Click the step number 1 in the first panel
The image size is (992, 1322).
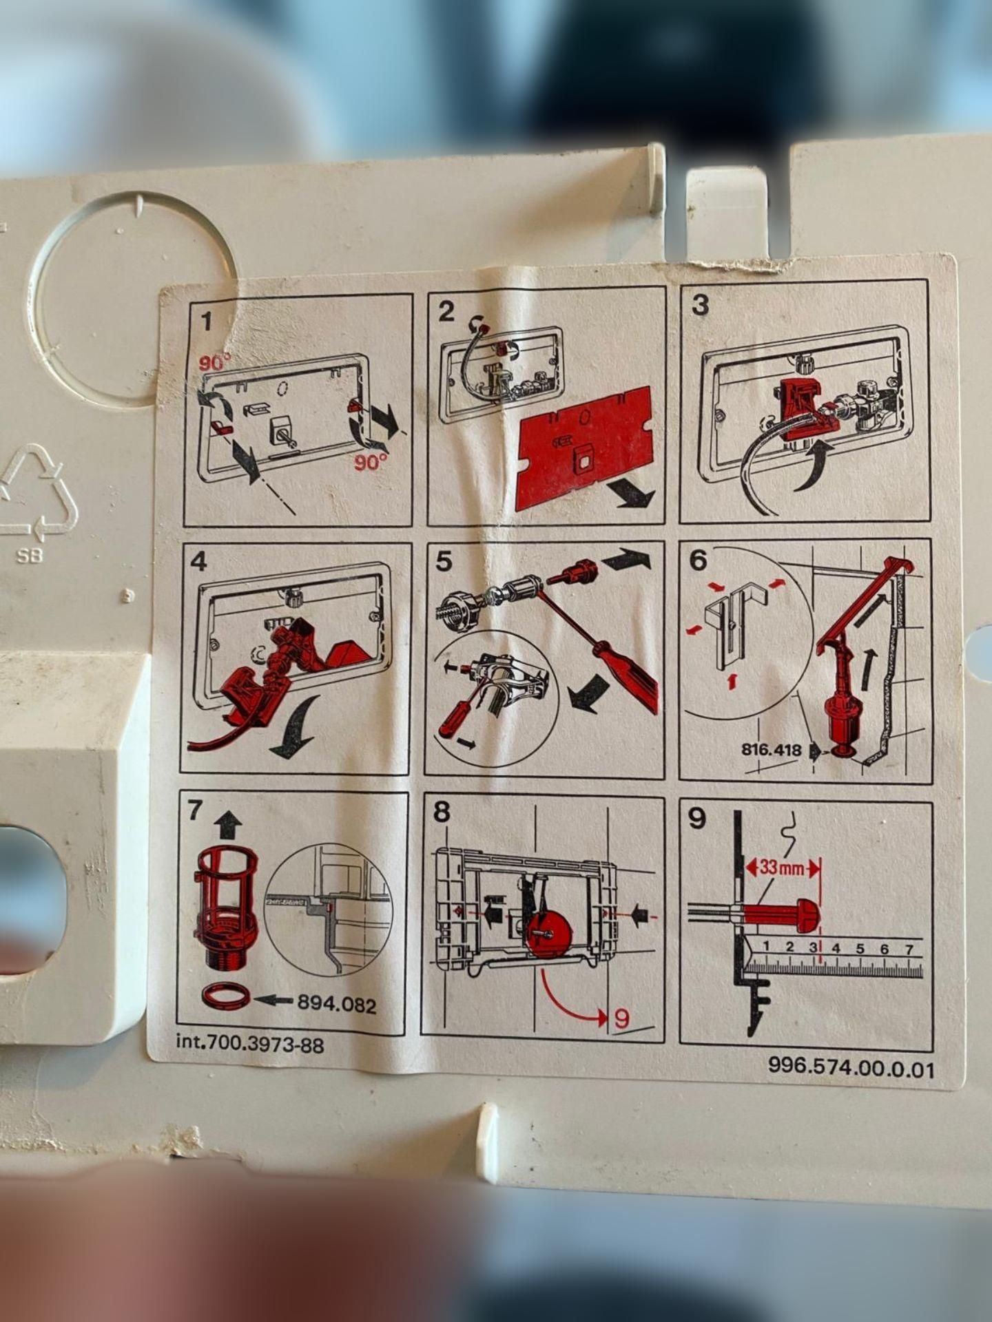point(205,322)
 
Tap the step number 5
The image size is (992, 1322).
point(444,562)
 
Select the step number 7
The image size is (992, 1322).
point(195,811)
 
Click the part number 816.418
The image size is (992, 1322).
point(772,750)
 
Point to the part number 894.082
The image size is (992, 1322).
point(337,1005)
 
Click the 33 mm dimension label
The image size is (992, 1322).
point(781,868)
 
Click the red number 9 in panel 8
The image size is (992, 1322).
point(622,1018)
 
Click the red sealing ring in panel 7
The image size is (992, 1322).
point(225,996)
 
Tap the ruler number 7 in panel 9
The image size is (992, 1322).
point(909,949)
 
